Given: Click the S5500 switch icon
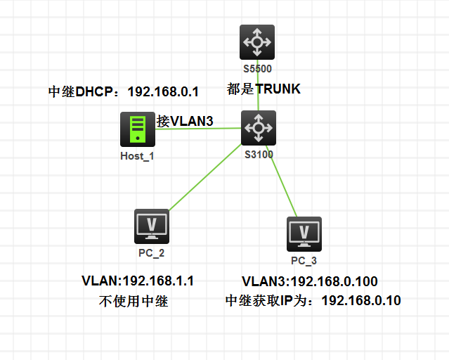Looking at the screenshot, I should coord(257,42).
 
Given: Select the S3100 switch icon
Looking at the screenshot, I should coord(259,128).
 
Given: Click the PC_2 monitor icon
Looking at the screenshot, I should coord(152,225).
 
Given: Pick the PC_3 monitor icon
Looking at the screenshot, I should coord(304,233).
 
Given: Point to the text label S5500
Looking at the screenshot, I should coord(257,69).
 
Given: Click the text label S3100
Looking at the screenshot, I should coord(259,155).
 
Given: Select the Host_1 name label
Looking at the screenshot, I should coord(137,156).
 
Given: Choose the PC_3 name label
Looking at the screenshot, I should coord(304,261).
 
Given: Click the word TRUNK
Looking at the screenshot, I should coord(278,89).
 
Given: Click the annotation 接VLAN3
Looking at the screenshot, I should coord(185,121).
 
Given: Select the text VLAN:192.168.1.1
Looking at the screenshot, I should coord(138,281).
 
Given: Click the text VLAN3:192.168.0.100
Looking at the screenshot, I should coord(310,281).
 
